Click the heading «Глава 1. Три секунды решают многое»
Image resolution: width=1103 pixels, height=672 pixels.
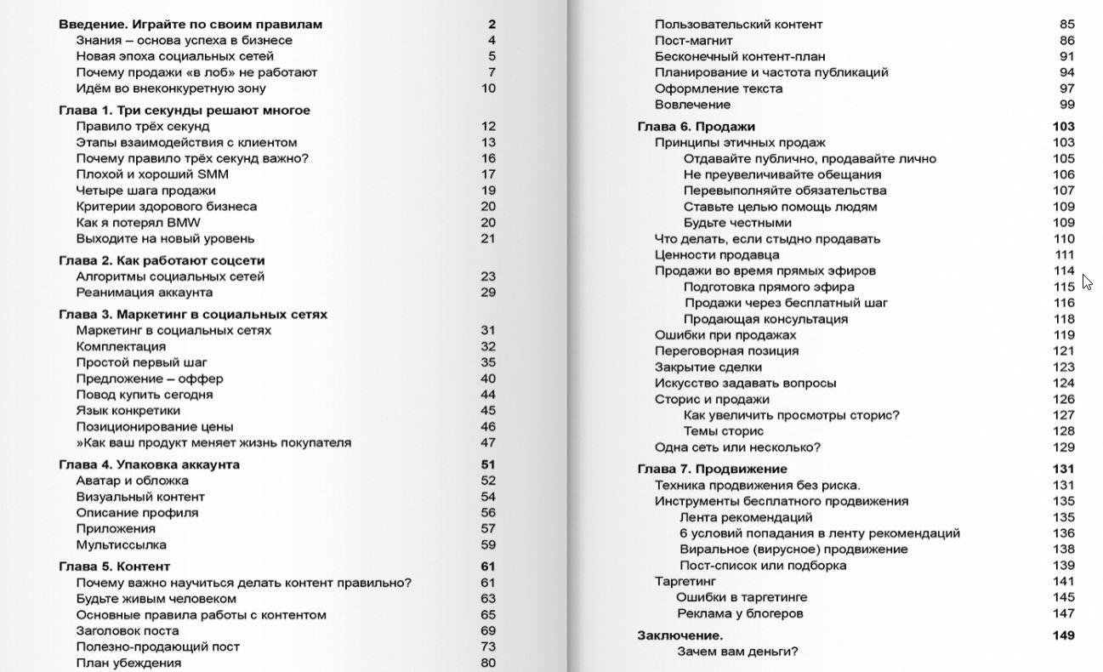(185, 111)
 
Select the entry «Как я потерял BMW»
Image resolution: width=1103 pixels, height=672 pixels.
(139, 223)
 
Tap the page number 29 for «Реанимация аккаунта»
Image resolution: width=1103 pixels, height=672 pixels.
(488, 293)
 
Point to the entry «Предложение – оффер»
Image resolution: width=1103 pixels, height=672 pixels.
(150, 379)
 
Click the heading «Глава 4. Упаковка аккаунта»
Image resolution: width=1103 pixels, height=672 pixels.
(150, 464)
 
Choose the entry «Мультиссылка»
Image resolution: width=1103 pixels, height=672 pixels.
(122, 544)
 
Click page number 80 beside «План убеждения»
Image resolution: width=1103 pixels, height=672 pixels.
(488, 663)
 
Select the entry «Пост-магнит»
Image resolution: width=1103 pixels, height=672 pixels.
(694, 40)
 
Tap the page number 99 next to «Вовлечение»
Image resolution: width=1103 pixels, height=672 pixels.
(1067, 105)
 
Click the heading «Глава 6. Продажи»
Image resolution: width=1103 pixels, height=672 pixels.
(696, 127)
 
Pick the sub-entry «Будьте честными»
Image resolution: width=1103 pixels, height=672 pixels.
(737, 223)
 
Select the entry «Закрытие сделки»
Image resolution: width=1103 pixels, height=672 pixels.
(708, 367)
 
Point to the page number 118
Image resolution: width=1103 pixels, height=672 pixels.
(1064, 319)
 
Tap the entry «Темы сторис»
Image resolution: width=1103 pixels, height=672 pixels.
(724, 431)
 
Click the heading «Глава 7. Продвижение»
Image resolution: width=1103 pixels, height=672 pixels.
(713, 469)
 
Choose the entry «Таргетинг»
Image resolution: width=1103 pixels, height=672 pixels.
(685, 581)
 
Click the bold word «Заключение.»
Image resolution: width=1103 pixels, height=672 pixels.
(680, 635)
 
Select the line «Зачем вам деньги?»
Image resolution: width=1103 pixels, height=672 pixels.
(737, 652)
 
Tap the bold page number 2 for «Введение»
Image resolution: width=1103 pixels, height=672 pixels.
(492, 25)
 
